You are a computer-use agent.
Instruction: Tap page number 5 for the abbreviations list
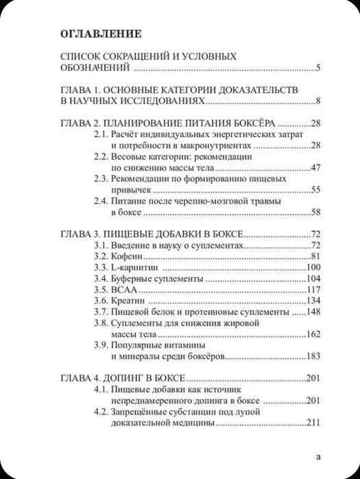(320, 68)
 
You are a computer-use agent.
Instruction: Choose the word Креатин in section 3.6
(128, 301)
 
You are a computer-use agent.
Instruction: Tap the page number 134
(314, 301)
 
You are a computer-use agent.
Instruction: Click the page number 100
(314, 267)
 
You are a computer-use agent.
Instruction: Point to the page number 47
(316, 168)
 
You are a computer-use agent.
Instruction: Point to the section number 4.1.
(101, 390)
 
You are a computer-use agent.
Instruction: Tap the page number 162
(314, 334)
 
